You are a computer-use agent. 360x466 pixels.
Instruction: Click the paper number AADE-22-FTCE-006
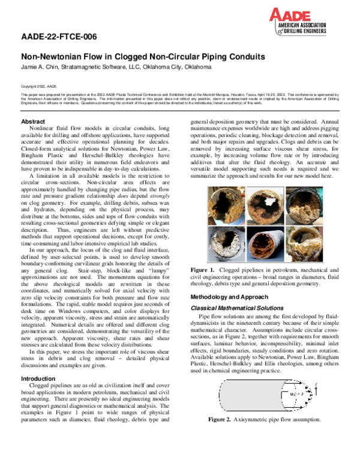(59, 37)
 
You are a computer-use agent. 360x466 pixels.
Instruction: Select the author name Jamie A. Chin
(41, 67)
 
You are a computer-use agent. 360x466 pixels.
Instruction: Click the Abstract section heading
(34, 122)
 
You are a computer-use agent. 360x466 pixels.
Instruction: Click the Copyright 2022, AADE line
(38, 86)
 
